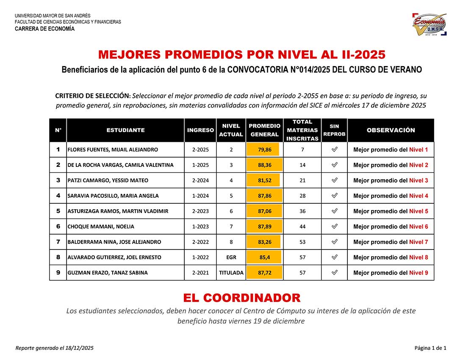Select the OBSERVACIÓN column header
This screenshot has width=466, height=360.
point(391,130)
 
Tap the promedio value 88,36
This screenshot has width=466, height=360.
point(264,165)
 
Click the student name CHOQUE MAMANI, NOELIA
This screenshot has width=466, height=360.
point(101,227)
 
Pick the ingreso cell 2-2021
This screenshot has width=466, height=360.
point(200,273)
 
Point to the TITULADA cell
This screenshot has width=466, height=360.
point(231,273)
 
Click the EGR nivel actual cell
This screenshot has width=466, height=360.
point(231,258)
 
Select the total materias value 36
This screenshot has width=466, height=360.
point(302,211)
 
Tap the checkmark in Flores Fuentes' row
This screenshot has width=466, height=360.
point(334,150)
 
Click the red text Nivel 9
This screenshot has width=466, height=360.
point(419,273)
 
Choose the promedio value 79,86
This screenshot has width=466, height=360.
point(264,150)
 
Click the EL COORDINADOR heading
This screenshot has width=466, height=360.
point(241,298)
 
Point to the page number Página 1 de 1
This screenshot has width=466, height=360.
point(430,348)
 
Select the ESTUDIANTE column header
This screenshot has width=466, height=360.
point(125,130)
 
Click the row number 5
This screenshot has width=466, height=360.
point(58,211)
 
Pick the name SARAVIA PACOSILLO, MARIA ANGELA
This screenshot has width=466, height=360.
point(113,196)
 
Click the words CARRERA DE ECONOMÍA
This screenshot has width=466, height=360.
point(44,29)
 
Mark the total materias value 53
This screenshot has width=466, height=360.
point(302,242)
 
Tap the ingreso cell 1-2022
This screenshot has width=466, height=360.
point(200,258)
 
